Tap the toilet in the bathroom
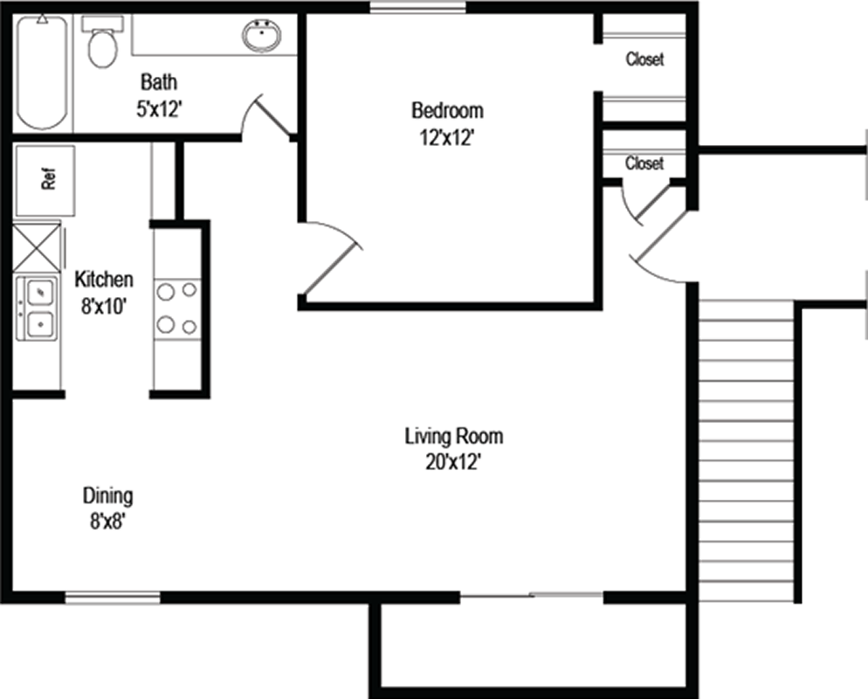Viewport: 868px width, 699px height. click(103, 42)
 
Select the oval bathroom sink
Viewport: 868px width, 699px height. click(261, 36)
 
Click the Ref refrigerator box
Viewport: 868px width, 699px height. click(45, 180)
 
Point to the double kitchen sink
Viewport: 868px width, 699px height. click(37, 308)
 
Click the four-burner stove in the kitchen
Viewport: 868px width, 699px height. click(177, 308)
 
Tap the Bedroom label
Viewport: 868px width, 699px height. click(447, 110)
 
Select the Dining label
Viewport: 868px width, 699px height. click(108, 495)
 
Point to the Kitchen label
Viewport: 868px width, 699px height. click(104, 279)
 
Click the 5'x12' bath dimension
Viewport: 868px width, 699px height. click(160, 109)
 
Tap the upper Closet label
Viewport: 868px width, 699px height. click(645, 59)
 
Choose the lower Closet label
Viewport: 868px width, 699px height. click(644, 163)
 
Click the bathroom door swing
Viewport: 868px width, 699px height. click(265, 115)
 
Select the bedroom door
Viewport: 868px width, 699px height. click(331, 260)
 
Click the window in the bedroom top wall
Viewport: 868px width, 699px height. click(418, 7)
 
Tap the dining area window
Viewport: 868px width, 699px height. click(113, 598)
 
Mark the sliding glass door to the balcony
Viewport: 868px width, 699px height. click(532, 596)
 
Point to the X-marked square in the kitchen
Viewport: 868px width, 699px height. click(37, 247)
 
